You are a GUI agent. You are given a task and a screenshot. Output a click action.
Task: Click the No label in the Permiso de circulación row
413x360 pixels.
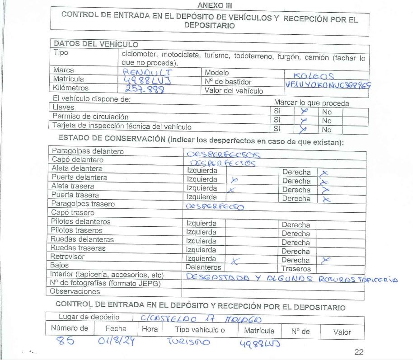[x=327, y=121]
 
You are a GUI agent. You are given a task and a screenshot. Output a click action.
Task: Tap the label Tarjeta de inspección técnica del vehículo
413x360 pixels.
[x=122, y=126]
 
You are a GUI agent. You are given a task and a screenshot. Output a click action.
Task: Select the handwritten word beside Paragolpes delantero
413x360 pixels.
[x=223, y=154]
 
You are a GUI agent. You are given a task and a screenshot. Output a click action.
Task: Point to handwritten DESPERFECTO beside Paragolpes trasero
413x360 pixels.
[x=215, y=206]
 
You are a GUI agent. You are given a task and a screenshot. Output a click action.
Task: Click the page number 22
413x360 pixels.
[x=358, y=352]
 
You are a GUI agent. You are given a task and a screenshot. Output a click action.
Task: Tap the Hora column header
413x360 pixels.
[x=150, y=330]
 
